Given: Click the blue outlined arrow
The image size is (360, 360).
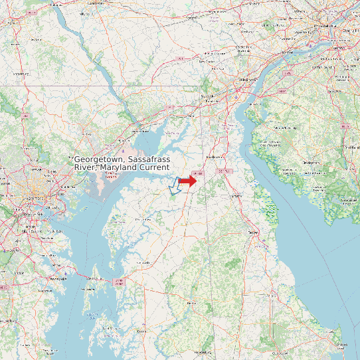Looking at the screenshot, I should click(x=175, y=187).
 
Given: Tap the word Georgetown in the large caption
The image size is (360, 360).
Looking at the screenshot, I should click(x=100, y=160).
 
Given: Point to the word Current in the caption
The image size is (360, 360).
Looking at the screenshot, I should click(x=149, y=168).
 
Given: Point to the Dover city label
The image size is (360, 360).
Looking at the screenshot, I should click(x=252, y=233).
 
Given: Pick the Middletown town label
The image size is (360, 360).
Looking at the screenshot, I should click(x=215, y=157).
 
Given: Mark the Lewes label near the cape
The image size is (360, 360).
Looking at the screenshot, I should click(x=341, y=344).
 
